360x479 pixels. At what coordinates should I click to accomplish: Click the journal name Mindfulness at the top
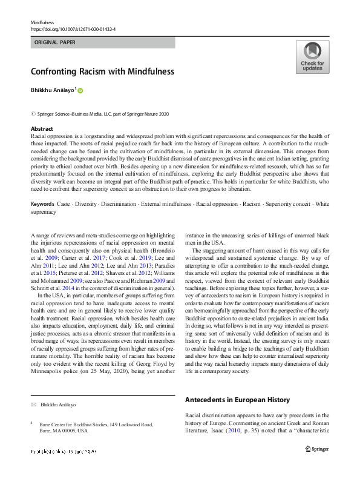coord(42,21)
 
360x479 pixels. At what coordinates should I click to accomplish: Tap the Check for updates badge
coord(312,58)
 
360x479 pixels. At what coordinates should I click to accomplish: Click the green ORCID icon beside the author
coord(79,90)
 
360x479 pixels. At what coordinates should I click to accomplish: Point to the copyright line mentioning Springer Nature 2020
coord(99,113)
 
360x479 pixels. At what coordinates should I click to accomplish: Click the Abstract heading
coord(42,129)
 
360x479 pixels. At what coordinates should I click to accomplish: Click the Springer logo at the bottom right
coord(316,449)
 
